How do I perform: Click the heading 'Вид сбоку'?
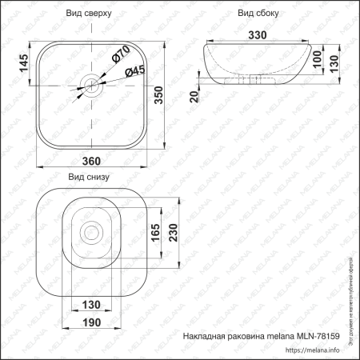point(259,14)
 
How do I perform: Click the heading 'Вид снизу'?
point(88,178)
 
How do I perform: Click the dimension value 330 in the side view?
point(258,36)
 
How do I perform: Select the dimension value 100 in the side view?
point(318,62)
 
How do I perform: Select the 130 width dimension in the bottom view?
point(91,305)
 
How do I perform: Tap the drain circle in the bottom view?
point(91,233)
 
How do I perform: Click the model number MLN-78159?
point(318,335)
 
